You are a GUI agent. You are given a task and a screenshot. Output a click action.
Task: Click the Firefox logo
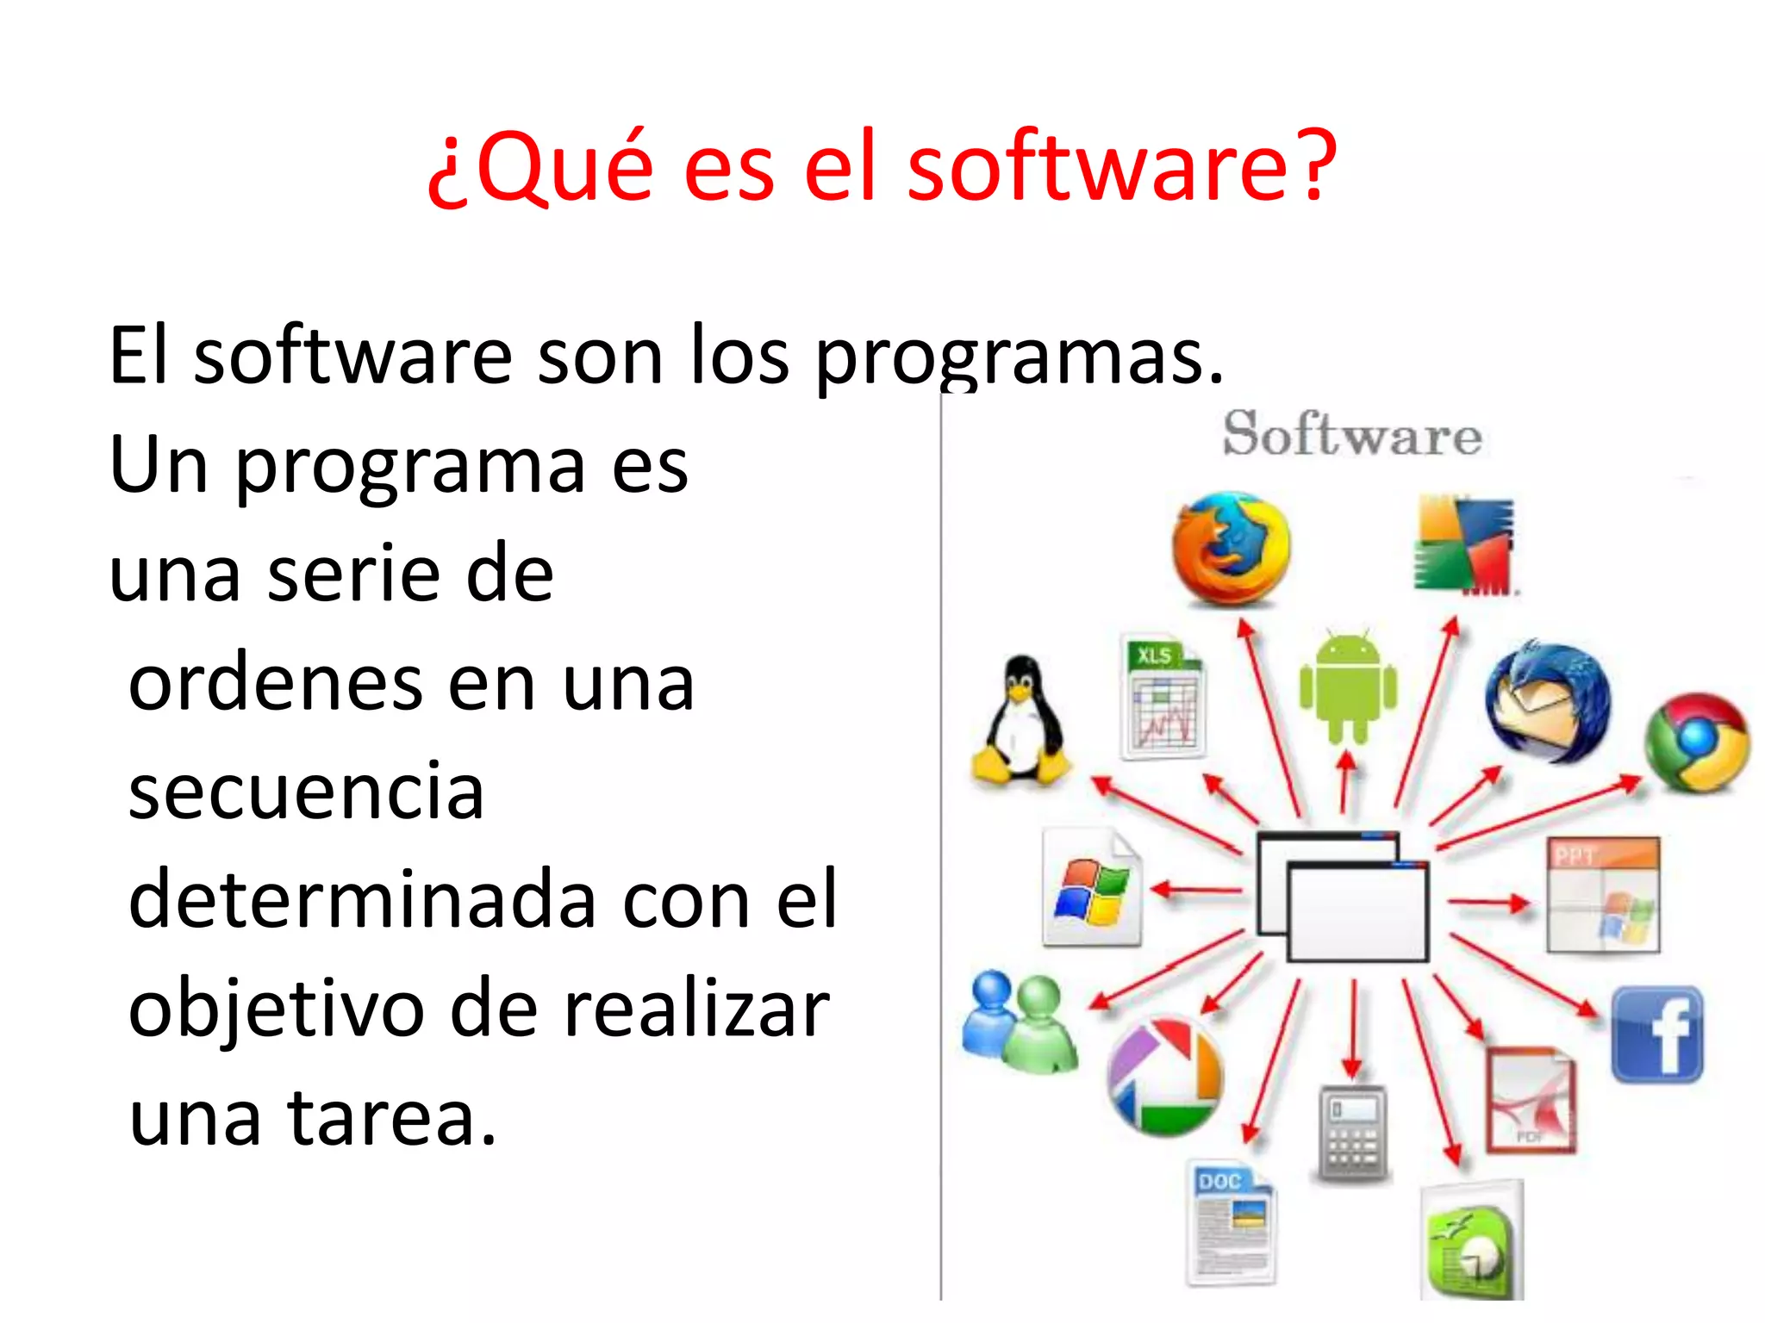coord(1231,550)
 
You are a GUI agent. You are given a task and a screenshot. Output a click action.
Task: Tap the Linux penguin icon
coord(1022,722)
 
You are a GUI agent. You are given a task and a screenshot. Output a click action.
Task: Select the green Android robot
coord(1348,686)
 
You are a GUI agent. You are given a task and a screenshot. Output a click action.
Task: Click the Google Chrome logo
coord(1696,742)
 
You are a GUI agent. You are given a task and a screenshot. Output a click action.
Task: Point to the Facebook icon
coord(1657,1034)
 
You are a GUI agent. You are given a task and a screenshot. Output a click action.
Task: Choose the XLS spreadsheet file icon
coord(1163,698)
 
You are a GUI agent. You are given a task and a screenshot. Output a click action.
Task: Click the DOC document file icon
coord(1231,1223)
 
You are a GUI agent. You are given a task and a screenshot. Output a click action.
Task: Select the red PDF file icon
coord(1531,1100)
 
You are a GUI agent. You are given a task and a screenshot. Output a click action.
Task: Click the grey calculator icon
coord(1352,1134)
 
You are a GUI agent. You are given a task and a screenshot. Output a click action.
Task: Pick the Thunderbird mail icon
coord(1548,703)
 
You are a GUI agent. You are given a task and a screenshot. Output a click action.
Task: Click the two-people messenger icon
coord(1019,1022)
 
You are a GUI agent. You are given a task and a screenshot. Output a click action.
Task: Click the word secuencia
coord(306,791)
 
